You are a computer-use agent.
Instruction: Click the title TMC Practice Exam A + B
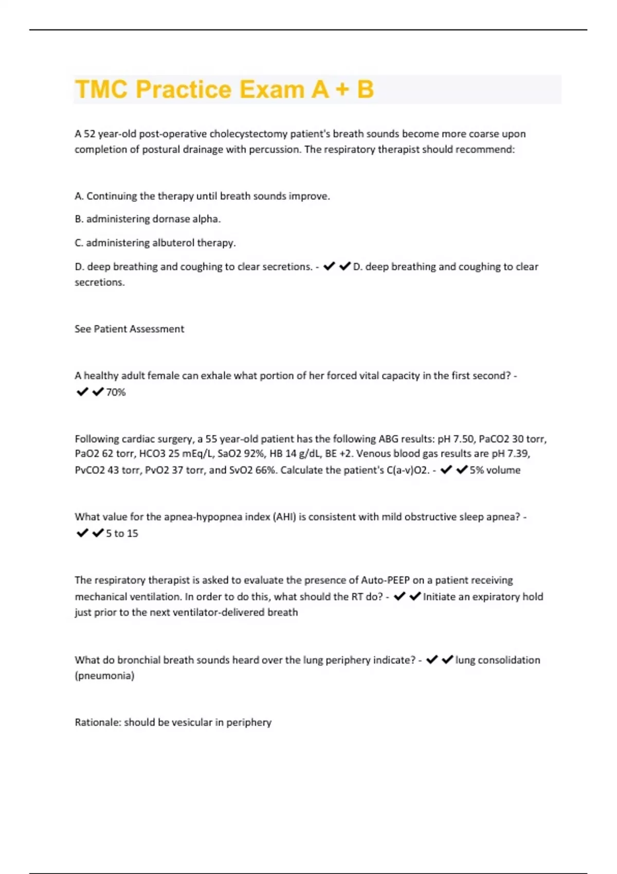[x=224, y=89]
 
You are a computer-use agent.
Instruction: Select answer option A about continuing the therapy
[x=202, y=196]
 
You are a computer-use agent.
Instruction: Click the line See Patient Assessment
[x=129, y=329]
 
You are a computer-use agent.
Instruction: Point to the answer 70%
[x=116, y=392]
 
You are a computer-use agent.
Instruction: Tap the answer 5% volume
[x=495, y=470]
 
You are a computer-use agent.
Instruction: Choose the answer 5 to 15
[x=122, y=534]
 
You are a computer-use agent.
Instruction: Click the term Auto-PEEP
[x=385, y=580]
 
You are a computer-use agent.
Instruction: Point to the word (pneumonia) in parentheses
[x=104, y=676]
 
